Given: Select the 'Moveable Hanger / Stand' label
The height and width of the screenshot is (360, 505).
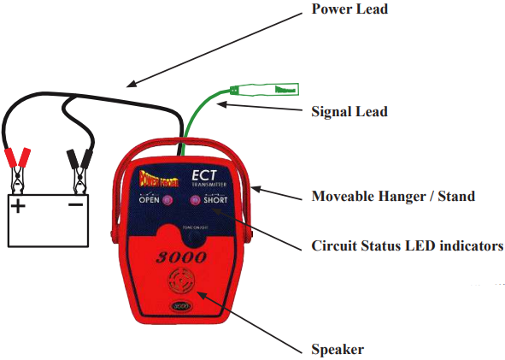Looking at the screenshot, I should [x=393, y=197].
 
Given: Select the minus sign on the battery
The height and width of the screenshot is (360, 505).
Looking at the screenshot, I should [x=75, y=206].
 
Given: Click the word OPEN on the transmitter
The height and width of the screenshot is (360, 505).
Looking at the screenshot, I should [x=150, y=203].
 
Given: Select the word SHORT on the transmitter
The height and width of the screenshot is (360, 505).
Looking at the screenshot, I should [x=215, y=203].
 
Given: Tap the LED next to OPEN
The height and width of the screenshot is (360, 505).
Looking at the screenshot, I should [x=167, y=202].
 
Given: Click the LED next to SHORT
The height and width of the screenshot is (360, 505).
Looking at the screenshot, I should [x=196, y=202].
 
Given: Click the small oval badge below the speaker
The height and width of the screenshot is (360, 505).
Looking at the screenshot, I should [x=180, y=306].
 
